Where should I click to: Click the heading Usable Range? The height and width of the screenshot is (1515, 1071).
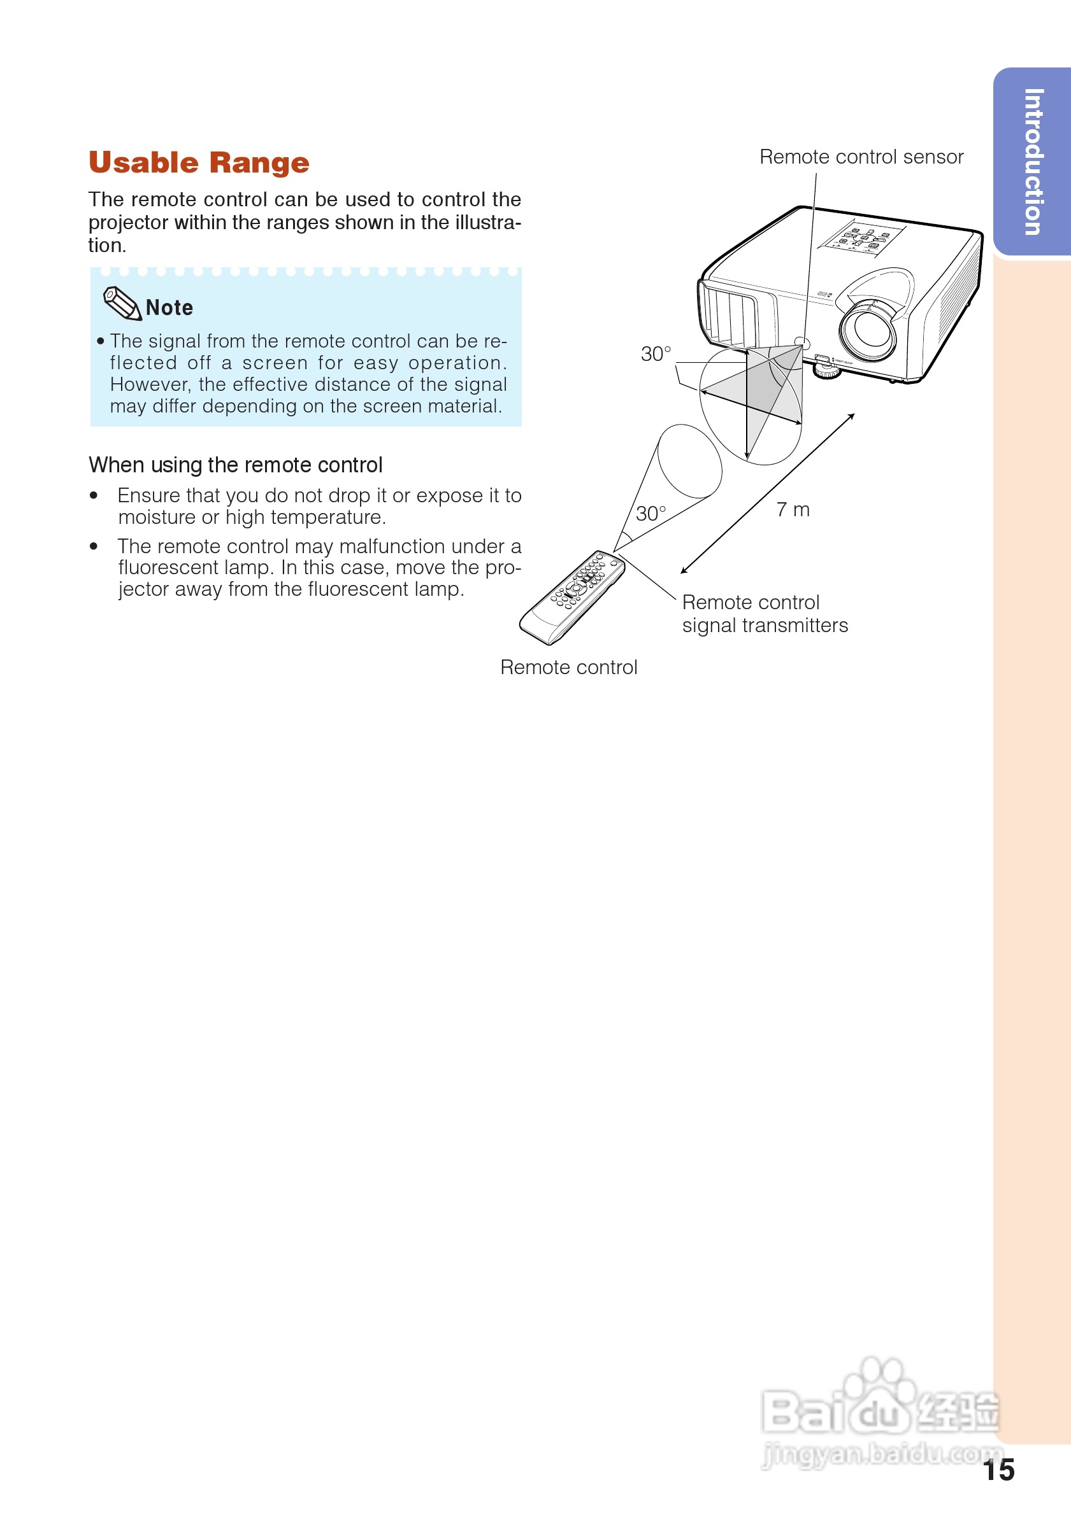[x=199, y=162]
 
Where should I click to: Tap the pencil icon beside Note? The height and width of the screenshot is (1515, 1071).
[x=122, y=304]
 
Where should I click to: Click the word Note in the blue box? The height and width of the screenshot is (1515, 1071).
[x=169, y=307]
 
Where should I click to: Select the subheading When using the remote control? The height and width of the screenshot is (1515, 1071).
[x=235, y=465]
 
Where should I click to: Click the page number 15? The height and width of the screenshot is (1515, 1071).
[x=998, y=1470]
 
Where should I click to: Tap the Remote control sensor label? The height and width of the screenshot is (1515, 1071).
[x=861, y=157]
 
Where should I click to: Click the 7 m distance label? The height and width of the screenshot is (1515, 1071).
[x=793, y=509]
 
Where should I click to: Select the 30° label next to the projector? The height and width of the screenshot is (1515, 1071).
[x=656, y=355]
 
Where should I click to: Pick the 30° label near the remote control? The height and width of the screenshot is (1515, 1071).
[x=651, y=513]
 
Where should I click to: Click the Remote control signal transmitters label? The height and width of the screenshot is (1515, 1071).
[x=764, y=614]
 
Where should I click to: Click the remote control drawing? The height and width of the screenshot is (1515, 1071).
[x=572, y=597]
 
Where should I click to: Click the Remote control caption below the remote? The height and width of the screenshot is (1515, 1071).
[x=568, y=667]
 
